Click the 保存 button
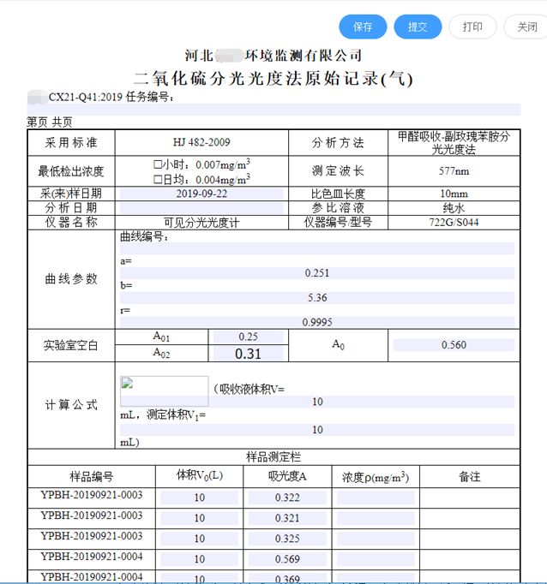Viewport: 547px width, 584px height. point(363,27)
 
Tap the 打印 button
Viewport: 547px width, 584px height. point(472,27)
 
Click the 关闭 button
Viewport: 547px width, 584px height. point(526,27)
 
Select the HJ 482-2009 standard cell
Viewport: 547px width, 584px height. point(201,142)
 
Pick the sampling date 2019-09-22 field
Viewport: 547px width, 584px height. point(201,194)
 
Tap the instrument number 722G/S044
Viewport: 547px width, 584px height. point(453,222)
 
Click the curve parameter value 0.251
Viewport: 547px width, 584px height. point(317,273)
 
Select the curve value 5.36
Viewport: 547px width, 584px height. point(317,298)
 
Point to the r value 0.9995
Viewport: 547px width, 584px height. point(317,322)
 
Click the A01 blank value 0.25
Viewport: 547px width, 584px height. point(248,337)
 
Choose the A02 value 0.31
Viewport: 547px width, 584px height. point(248,353)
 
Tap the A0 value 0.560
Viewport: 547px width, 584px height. point(454,344)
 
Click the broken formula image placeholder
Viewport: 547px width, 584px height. point(164,390)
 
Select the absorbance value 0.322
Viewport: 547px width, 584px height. point(287,498)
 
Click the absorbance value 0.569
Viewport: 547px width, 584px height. point(287,559)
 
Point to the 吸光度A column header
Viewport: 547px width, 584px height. point(287,477)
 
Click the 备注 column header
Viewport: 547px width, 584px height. point(469,477)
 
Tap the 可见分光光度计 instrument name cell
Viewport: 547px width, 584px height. point(201,222)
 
